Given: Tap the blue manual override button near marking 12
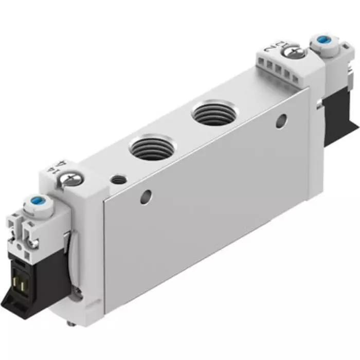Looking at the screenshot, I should click(x=323, y=40).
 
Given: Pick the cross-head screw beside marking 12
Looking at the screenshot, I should click(x=297, y=52).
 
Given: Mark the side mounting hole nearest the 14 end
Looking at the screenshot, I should click(x=147, y=196).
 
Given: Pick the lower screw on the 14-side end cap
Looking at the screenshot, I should click(x=77, y=293).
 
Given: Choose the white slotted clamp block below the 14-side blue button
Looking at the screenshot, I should click(x=23, y=231).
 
